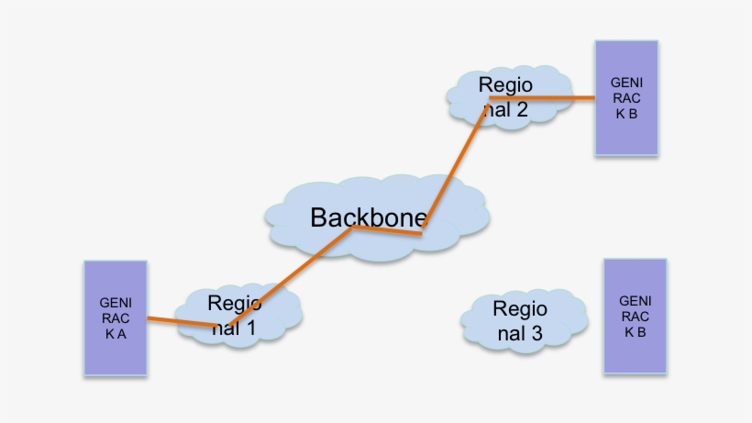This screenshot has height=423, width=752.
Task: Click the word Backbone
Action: click(x=369, y=217)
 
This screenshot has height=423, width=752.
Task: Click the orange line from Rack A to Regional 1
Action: click(x=188, y=321)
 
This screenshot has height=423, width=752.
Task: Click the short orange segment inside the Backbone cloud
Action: click(x=387, y=230)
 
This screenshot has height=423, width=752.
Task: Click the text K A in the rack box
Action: click(x=116, y=333)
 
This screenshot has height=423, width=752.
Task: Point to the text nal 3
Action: click(x=520, y=334)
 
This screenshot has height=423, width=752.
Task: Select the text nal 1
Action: click(x=234, y=328)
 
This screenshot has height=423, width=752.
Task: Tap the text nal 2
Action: click(x=503, y=110)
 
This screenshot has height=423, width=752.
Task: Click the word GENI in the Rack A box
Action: click(x=116, y=302)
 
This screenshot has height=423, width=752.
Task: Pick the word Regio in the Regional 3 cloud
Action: click(x=520, y=308)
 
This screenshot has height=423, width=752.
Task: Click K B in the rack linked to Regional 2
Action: click(x=626, y=113)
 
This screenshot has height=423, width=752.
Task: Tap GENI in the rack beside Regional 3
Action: click(x=636, y=301)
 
